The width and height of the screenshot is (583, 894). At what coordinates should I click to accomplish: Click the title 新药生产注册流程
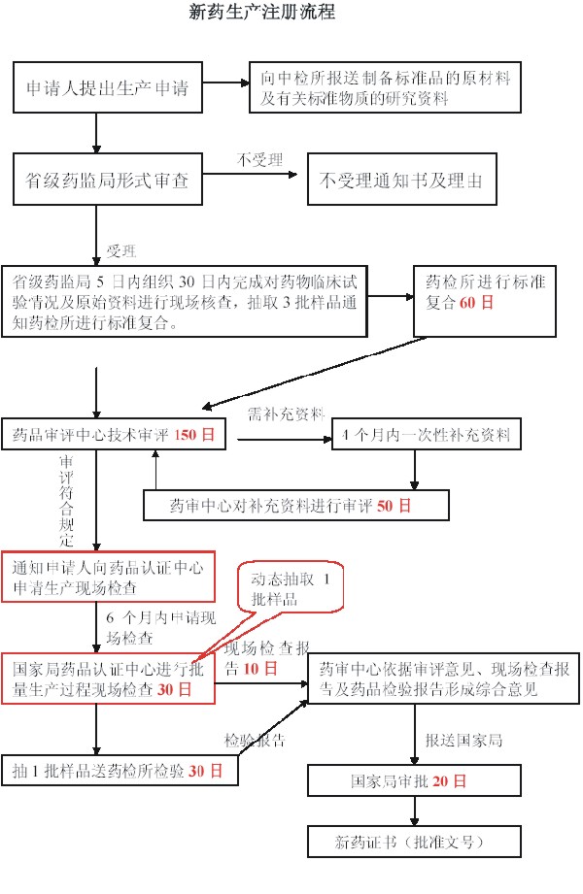pos(262,12)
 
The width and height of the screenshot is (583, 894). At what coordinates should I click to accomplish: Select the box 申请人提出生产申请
pos(108,87)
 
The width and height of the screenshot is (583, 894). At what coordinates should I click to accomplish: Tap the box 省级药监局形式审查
pos(108,180)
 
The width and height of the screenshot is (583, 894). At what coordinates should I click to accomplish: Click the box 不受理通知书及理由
pos(402,180)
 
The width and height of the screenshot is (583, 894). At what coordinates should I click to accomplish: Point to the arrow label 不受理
pos(259,159)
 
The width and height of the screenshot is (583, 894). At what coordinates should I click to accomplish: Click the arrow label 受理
pos(121,250)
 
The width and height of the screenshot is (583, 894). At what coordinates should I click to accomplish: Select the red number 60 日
pos(476,303)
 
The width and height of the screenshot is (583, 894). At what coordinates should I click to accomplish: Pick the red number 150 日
pos(194,435)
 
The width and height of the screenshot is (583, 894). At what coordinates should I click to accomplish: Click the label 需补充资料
pos(286,414)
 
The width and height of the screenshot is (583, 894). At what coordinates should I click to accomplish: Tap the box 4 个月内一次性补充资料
pos(427,435)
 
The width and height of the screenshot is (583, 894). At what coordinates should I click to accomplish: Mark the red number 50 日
pos(394,506)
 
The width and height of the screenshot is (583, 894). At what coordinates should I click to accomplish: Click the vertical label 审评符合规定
pos(66,501)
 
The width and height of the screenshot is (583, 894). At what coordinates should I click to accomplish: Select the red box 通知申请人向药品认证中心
pos(108,577)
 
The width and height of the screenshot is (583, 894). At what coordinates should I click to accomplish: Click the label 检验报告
pos(255,740)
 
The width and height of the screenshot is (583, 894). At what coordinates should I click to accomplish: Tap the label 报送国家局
pos(463,740)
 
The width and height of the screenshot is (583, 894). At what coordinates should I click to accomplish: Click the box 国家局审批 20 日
pos(415,780)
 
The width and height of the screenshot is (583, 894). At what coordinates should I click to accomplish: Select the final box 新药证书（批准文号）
pos(415,842)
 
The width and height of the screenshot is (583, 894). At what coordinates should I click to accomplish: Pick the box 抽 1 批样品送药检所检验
pos(120,771)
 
